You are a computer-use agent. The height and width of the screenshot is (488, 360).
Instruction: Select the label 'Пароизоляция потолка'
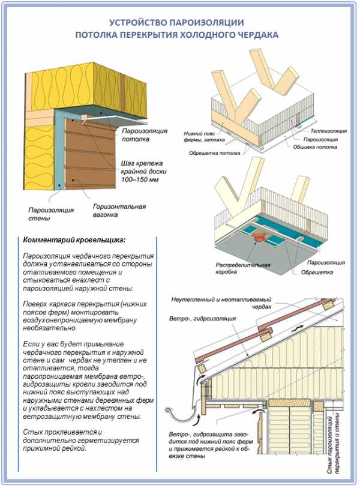coord(145,135)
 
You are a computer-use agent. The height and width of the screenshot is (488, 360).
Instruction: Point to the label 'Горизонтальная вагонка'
coord(119,211)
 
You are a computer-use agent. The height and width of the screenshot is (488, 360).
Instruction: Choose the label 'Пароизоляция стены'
coord(51,214)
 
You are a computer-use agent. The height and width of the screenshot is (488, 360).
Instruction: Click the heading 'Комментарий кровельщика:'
coord(74,240)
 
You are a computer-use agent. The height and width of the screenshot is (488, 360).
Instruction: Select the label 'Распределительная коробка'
coord(242,268)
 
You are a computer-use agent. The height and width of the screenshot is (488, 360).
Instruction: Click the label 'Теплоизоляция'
coord(328,131)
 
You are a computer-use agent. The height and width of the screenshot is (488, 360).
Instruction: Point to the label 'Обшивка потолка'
coord(315,147)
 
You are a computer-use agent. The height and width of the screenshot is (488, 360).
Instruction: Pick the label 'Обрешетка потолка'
coord(214,153)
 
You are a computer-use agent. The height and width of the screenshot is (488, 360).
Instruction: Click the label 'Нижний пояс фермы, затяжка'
coord(204,137)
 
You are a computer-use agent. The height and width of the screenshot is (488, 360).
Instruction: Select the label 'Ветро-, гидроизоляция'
coord(203,319)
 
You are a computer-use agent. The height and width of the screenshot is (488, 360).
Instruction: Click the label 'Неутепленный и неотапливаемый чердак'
coord(221,303)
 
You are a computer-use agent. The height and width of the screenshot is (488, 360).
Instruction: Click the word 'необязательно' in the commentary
coord(49,328)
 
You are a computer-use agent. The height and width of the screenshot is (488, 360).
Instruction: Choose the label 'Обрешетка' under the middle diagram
coord(317,273)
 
